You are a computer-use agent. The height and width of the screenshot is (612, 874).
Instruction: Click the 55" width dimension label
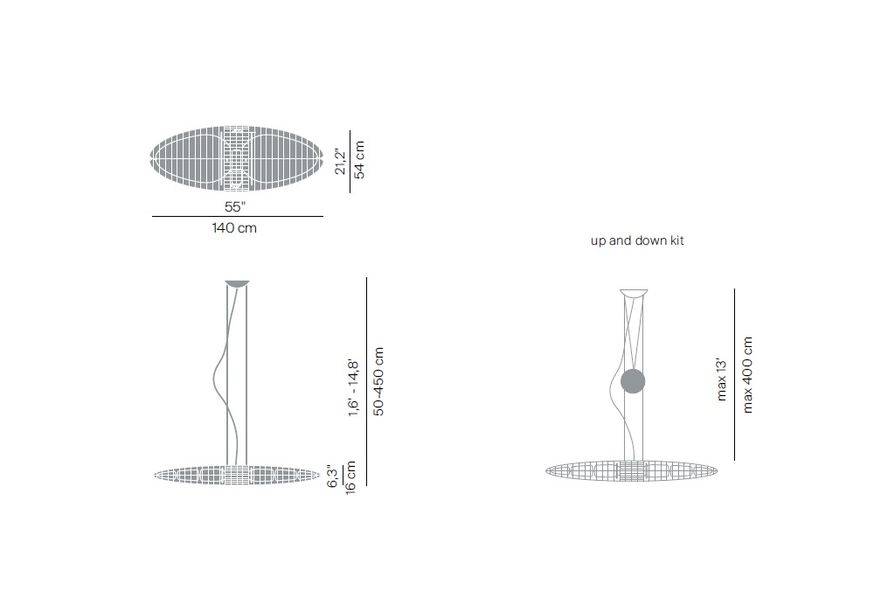pyautogui.click(x=234, y=207)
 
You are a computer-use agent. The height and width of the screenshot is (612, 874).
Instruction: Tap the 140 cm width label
pyautogui.click(x=234, y=228)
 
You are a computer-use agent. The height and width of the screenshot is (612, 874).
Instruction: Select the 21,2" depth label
pyautogui.click(x=340, y=161)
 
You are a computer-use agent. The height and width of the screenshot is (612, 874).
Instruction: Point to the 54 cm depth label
pyautogui.click(x=359, y=159)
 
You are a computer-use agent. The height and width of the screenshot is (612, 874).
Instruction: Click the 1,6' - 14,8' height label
pyautogui.click(x=353, y=387)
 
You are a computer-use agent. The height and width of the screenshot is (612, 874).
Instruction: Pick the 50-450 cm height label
pyautogui.click(x=378, y=381)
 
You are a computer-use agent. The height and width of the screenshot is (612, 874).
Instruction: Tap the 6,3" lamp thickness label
pyautogui.click(x=332, y=476)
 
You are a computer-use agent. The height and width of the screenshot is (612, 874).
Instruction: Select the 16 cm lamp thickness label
pyautogui.click(x=350, y=477)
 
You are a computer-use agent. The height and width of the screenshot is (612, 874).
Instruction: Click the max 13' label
pyautogui.click(x=721, y=379)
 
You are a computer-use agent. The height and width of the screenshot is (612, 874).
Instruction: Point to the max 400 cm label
pyautogui.click(x=747, y=374)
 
